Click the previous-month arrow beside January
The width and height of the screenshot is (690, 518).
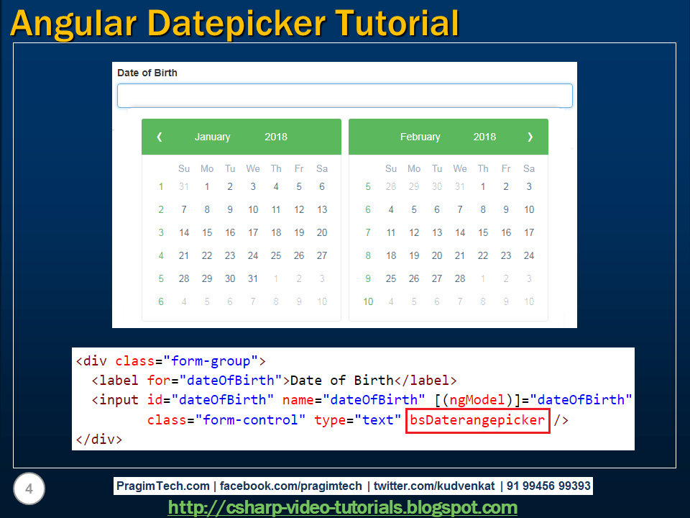point(160,137)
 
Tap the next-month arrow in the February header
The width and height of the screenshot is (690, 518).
point(530,137)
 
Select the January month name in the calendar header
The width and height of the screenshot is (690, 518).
point(212,137)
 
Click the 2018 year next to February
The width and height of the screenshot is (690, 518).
point(484,137)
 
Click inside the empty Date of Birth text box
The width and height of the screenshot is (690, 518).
point(345,96)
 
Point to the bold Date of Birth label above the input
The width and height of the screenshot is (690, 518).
point(147,73)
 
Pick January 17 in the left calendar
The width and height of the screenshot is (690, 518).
point(253,232)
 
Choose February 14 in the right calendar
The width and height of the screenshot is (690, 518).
point(460,232)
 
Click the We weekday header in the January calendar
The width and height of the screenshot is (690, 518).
point(253,168)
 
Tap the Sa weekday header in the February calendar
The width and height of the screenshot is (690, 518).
point(529,168)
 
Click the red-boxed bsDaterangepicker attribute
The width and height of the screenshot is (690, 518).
point(477,420)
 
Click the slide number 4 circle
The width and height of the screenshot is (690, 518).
point(29,490)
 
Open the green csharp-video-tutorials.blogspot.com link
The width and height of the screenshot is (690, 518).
point(342,507)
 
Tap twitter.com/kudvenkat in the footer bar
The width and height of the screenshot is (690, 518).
point(434,486)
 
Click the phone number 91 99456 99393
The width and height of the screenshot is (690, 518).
point(548,486)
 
